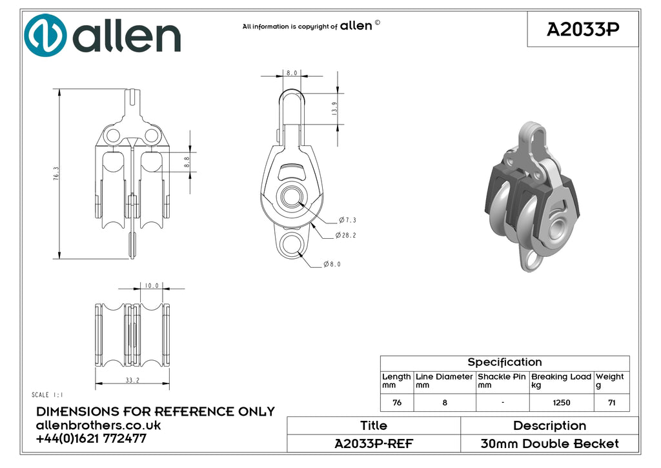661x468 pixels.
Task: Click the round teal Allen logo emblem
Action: (45, 36)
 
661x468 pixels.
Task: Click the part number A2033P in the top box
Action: (583, 29)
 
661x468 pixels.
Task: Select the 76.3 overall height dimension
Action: (56, 174)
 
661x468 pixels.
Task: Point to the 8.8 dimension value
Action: (187, 162)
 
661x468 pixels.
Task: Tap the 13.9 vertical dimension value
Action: (334, 109)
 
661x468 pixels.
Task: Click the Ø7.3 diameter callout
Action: (347, 220)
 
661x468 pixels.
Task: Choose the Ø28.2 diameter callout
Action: (346, 235)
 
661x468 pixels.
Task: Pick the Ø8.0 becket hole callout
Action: (332, 265)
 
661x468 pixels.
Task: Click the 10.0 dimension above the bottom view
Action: (152, 286)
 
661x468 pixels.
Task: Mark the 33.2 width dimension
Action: (132, 380)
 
